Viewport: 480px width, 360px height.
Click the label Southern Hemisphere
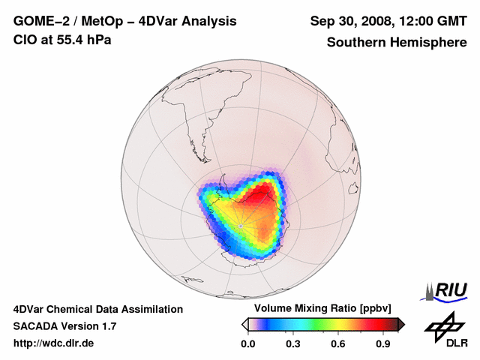click(397, 42)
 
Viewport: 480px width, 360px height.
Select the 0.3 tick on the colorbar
click(294, 343)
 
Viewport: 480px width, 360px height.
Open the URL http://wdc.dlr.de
click(54, 343)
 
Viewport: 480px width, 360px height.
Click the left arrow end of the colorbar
click(244, 324)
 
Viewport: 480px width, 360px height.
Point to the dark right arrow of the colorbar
click(402, 324)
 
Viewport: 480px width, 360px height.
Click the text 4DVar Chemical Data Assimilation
click(98, 309)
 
